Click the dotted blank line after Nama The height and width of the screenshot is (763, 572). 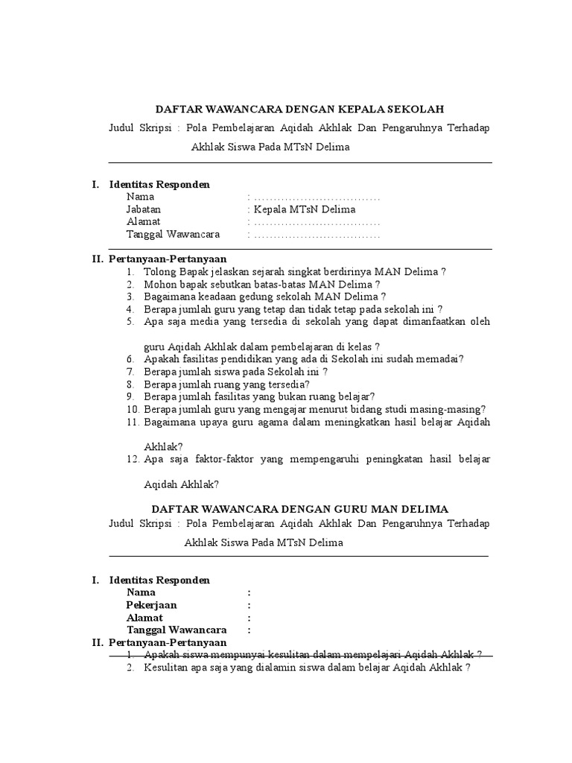tap(317, 197)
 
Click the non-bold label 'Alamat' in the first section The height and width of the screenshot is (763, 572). tap(143, 222)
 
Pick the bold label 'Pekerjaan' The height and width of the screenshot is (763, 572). tap(152, 605)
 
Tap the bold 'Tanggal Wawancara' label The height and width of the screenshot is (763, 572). tap(176, 630)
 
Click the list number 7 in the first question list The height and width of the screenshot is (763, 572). tap(130, 371)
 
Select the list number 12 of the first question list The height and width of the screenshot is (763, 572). tap(133, 459)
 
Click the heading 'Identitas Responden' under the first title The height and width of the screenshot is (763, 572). tap(159, 184)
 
